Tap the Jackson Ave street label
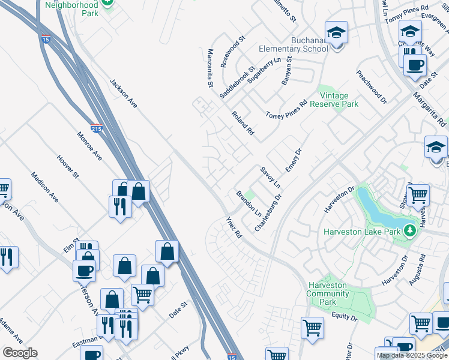(x=124, y=93)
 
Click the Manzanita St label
(x=210, y=68)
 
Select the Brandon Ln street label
(x=249, y=204)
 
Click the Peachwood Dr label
(x=371, y=87)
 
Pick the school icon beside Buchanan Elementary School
(x=337, y=33)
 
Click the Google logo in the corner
(x=20, y=353)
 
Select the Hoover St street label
(x=67, y=167)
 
